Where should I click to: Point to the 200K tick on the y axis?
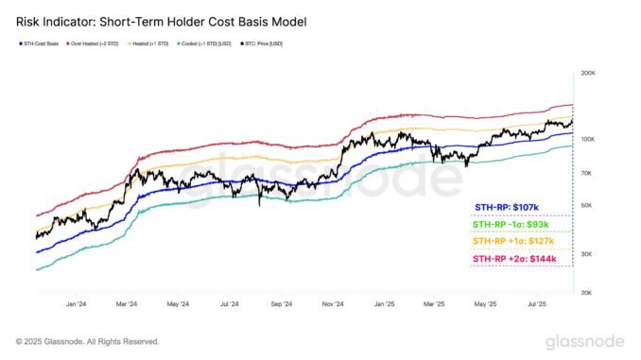pos(587,73)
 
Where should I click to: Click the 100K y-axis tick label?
pos(587,139)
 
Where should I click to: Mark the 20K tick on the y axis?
pos(587,293)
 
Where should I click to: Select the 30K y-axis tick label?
pos(587,254)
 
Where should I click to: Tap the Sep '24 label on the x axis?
pos(280,304)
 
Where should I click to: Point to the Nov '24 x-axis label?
pos(331,304)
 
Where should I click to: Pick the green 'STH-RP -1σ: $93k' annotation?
pos(510,224)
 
